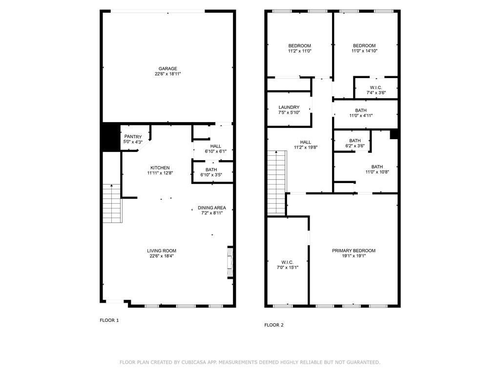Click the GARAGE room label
[x=167, y=69]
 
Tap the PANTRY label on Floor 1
[x=133, y=137]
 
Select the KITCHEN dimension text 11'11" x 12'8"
[x=160, y=173]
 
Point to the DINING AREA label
[x=211, y=208]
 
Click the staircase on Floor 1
[x=112, y=204]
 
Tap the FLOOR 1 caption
[x=109, y=320]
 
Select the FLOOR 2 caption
[x=274, y=325]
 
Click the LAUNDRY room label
[x=289, y=107]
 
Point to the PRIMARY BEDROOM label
[x=354, y=250]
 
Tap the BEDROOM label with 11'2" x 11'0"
[x=299, y=46]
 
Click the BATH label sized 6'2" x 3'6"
[x=355, y=141]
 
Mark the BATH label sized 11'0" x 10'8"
[x=377, y=167]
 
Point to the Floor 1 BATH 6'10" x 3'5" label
[x=211, y=169]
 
